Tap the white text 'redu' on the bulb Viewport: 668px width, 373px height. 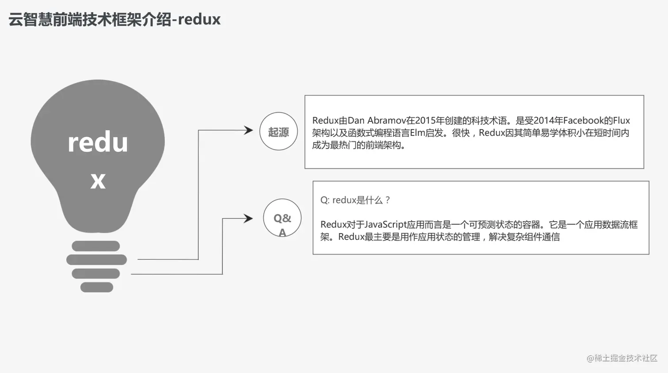tap(98, 143)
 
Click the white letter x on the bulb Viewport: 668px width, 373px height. tap(98, 180)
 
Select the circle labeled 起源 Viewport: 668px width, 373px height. tap(278, 132)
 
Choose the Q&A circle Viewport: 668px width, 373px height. tap(282, 219)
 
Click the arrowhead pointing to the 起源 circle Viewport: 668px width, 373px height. tap(249, 130)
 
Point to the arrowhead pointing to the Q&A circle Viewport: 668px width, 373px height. tap(249, 218)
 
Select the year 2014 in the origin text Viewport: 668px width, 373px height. tap(544, 121)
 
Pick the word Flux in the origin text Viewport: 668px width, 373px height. tap(621, 121)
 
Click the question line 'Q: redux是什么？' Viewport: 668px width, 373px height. tap(356, 200)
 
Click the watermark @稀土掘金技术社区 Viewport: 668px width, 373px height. tap(622, 358)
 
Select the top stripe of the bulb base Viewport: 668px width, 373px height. tap(96, 246)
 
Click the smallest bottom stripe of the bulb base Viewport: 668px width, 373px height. tap(97, 287)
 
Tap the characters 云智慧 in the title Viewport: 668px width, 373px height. tap(30, 19)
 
